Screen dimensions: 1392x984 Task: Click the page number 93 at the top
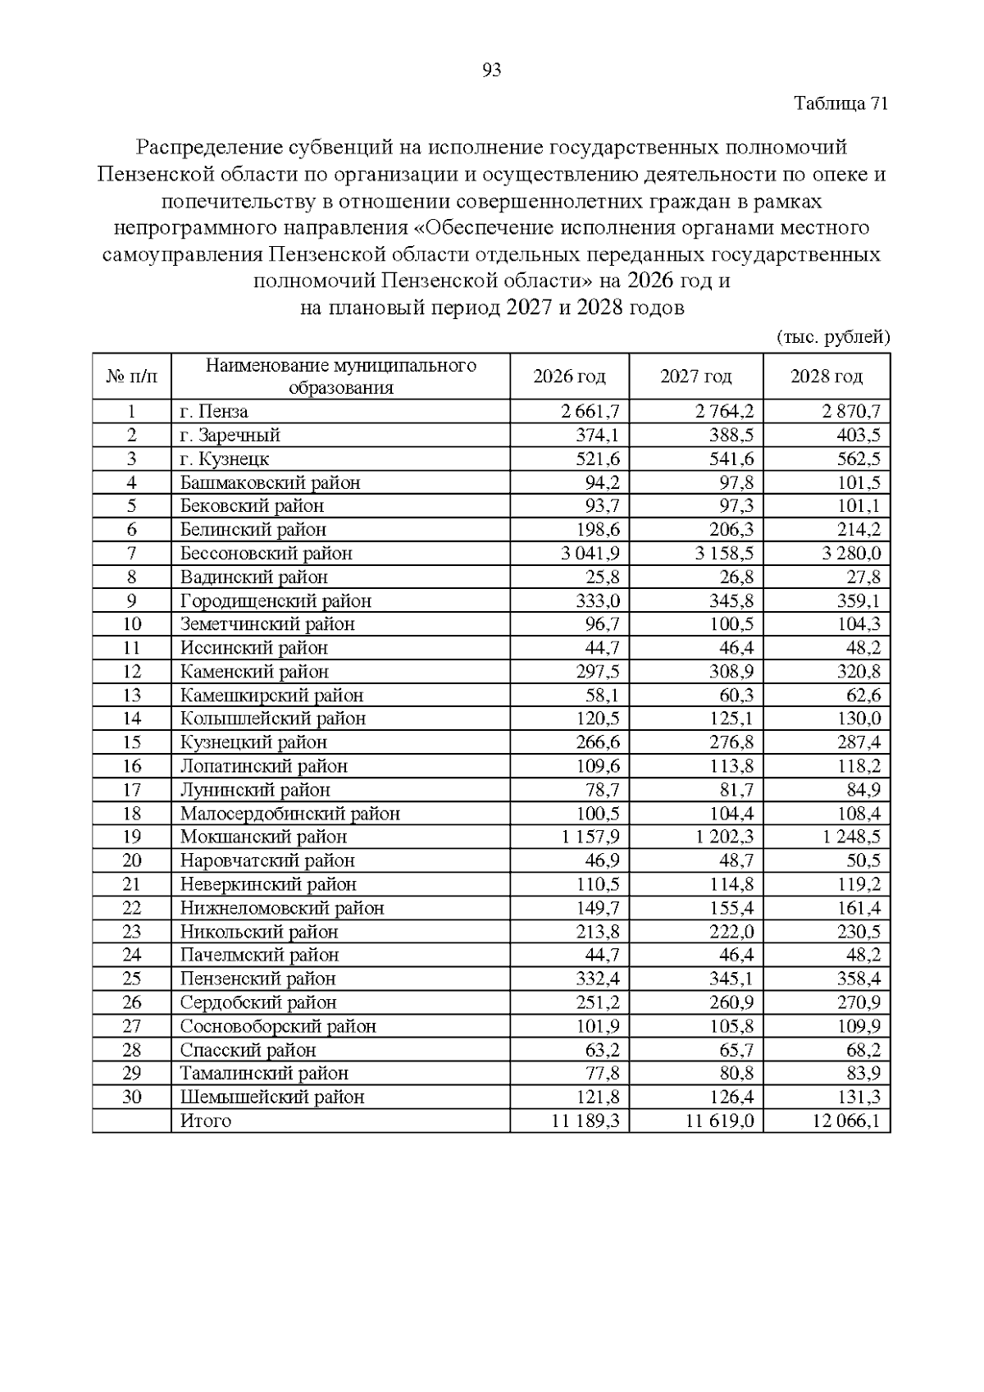(492, 71)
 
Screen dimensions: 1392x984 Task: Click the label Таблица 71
(841, 103)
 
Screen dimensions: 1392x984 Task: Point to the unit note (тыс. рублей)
(832, 337)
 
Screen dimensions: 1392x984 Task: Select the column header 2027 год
(695, 377)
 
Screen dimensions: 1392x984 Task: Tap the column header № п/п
(131, 377)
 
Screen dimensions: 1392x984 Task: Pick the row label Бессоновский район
(266, 554)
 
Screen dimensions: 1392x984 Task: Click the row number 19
(131, 837)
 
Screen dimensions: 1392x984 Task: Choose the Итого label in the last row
(206, 1121)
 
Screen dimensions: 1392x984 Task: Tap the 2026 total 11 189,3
(585, 1121)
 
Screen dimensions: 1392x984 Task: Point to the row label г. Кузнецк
(224, 459)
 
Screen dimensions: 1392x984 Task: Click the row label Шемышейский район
(272, 1098)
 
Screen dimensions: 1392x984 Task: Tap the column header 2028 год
(826, 377)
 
